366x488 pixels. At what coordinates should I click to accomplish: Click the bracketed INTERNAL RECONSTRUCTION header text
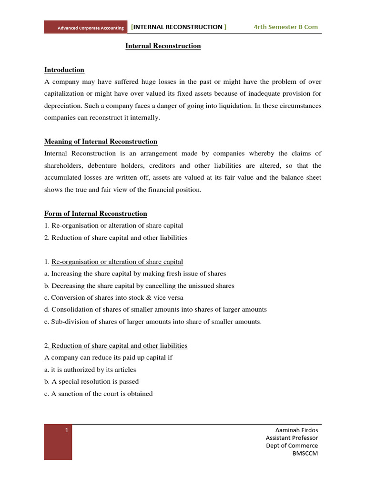179,27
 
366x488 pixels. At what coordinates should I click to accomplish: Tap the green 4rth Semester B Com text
285,27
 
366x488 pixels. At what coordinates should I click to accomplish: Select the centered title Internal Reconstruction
163,46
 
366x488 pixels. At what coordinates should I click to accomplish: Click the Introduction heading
64,70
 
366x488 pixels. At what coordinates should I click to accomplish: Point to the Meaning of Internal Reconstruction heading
101,142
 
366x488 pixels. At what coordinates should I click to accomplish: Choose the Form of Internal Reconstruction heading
96,213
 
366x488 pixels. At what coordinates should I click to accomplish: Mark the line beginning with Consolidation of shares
155,310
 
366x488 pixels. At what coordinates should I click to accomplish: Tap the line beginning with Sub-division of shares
153,322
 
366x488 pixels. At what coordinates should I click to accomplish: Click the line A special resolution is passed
91,382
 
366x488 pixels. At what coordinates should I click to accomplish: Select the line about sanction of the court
99,394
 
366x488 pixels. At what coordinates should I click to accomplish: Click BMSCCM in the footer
305,453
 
